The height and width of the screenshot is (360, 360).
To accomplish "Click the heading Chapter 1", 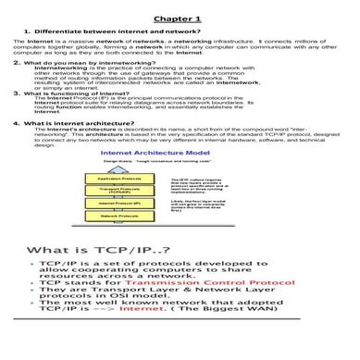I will (x=180, y=18).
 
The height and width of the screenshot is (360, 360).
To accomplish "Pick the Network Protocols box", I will (x=112, y=217).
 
